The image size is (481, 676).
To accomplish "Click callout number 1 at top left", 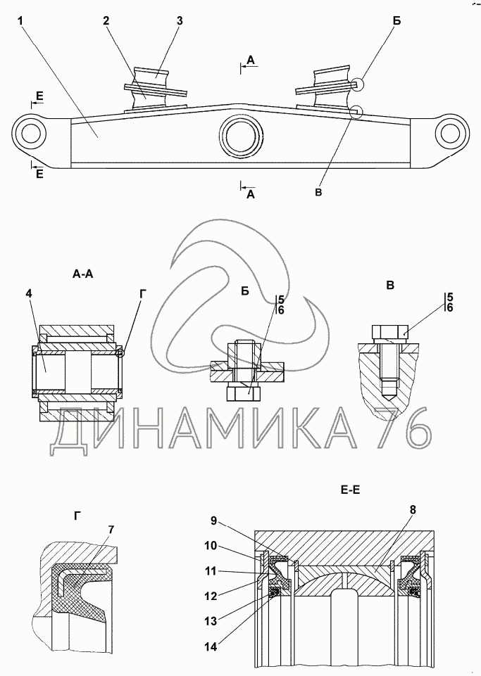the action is [23, 20].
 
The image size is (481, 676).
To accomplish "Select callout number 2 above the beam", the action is [105, 20].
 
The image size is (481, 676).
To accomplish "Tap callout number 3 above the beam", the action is [180, 20].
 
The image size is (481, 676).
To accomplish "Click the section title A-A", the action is [83, 275].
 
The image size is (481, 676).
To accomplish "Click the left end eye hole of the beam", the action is [30, 132].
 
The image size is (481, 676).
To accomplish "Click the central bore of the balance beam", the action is [240, 135].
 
